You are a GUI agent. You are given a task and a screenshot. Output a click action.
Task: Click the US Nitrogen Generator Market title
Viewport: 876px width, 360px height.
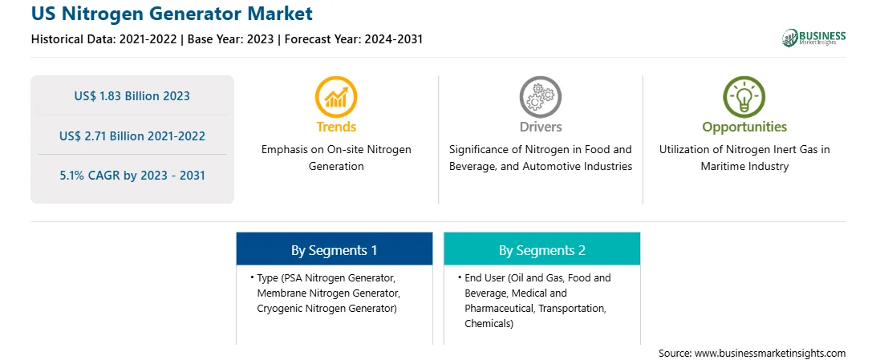(x=172, y=12)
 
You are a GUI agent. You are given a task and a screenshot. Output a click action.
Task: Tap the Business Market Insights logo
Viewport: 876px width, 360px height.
(x=813, y=38)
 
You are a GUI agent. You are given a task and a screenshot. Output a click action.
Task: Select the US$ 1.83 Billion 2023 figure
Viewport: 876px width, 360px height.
(x=132, y=96)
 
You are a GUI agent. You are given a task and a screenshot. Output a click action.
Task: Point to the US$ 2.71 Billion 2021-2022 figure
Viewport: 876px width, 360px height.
(x=132, y=136)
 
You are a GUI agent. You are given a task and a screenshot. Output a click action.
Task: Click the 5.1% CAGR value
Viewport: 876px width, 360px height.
(x=132, y=176)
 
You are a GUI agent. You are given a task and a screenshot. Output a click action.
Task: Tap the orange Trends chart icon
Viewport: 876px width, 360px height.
(x=336, y=96)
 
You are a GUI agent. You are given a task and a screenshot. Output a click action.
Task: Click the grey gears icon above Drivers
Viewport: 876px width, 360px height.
(x=540, y=96)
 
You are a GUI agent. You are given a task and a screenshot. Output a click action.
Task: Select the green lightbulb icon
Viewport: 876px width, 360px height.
(x=744, y=96)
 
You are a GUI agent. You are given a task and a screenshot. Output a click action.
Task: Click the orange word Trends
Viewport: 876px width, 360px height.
(x=336, y=127)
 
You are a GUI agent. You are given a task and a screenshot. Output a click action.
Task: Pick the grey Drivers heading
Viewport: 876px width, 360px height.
(x=541, y=127)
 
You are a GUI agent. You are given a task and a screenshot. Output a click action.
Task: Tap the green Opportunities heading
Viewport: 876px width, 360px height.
(x=744, y=127)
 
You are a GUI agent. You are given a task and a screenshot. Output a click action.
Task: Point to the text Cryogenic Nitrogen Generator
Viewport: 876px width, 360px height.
(x=326, y=308)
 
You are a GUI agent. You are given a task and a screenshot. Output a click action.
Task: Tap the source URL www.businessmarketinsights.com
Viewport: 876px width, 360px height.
(x=770, y=353)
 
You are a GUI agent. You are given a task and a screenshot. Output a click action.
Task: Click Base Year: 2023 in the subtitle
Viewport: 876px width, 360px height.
(x=231, y=39)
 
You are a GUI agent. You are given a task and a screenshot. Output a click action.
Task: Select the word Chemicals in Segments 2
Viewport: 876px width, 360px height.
(x=489, y=323)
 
